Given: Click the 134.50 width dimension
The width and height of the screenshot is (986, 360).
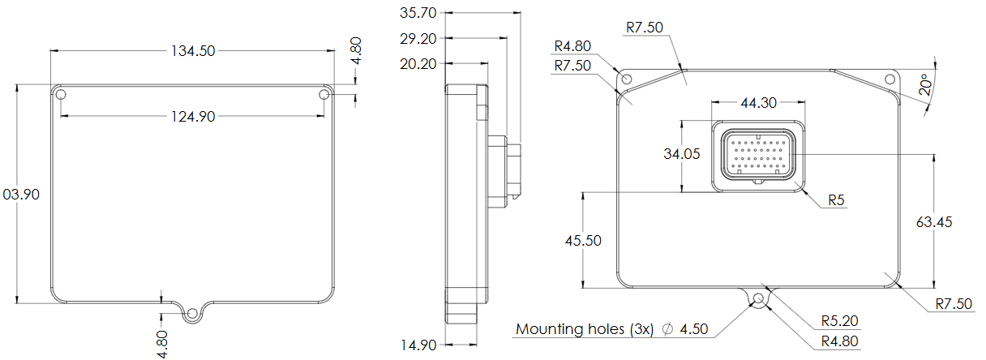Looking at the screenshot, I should (192, 50).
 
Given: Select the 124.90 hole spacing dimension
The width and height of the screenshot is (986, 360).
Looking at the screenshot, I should (192, 117).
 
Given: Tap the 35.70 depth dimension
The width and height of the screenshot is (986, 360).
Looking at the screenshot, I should (419, 12).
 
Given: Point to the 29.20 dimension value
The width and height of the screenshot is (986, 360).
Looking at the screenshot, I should (419, 38).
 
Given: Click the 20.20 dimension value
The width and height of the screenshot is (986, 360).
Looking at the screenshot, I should (419, 63).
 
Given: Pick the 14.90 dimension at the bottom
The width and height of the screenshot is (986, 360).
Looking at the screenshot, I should (419, 345).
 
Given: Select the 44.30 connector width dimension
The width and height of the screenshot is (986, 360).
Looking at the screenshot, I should (758, 103).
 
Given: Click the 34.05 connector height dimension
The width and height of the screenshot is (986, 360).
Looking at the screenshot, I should (682, 155).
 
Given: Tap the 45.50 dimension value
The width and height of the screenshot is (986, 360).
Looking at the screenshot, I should (583, 240).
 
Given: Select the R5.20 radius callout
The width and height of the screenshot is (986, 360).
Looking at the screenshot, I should (838, 321).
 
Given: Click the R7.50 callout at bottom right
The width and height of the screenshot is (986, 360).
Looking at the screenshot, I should (953, 304).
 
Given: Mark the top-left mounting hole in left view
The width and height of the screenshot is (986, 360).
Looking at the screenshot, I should (61, 96).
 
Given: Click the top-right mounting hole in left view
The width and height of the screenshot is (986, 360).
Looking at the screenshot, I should (324, 96).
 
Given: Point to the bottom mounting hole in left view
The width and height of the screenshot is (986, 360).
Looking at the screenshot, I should (192, 313).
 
